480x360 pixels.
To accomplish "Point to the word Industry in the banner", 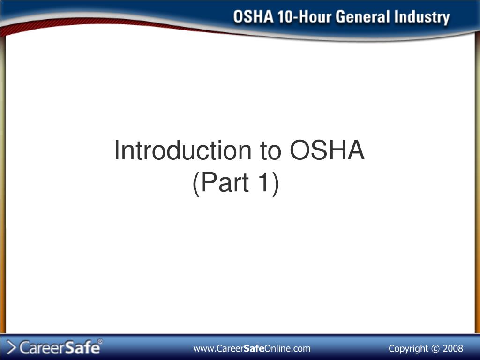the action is (x=422, y=18).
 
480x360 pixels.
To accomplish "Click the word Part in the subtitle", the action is (x=225, y=182).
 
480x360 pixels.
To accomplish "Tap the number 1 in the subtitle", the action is (x=264, y=182).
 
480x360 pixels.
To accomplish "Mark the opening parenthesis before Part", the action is (x=196, y=184).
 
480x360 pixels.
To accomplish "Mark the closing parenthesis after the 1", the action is (x=276, y=184).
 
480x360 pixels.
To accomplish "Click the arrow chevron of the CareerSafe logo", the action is (x=11, y=348).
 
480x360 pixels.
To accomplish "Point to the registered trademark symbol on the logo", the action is (x=100, y=341).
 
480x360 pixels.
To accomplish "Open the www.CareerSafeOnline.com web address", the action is (x=252, y=348).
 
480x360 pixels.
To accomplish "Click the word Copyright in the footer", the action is (x=408, y=349).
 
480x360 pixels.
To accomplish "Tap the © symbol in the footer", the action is (x=435, y=349).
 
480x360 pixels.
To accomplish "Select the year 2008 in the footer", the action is (x=453, y=348).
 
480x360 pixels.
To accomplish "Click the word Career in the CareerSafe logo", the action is (x=42, y=348).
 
